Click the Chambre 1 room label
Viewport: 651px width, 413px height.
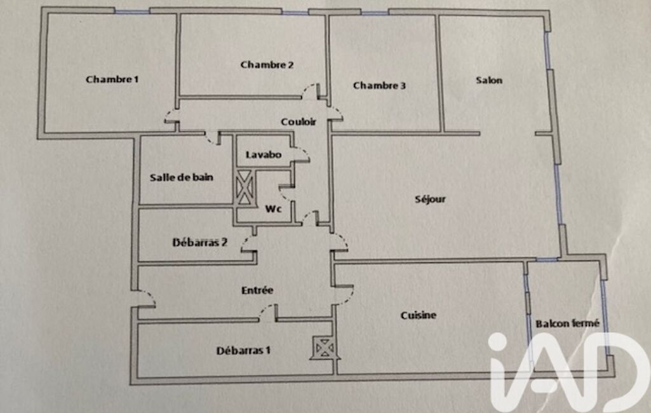tap(112, 79)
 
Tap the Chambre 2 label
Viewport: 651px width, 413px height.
tap(267, 65)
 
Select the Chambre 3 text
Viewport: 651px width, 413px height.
tap(379, 86)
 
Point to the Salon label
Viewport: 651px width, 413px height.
tap(488, 80)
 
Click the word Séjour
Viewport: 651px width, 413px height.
tap(430, 200)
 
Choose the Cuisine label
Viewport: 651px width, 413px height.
tap(418, 315)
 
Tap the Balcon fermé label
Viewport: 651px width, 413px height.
tap(567, 323)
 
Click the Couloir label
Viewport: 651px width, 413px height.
tap(299, 122)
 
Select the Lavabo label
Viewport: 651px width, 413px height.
tap(263, 154)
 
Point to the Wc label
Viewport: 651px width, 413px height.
tap(273, 208)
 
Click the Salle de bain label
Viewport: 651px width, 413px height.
tap(182, 177)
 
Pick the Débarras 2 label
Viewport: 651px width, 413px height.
tap(199, 242)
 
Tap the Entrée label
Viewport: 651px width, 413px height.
tap(257, 290)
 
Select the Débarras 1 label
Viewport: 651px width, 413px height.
tap(243, 351)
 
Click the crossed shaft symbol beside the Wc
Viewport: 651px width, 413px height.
tap(244, 187)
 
